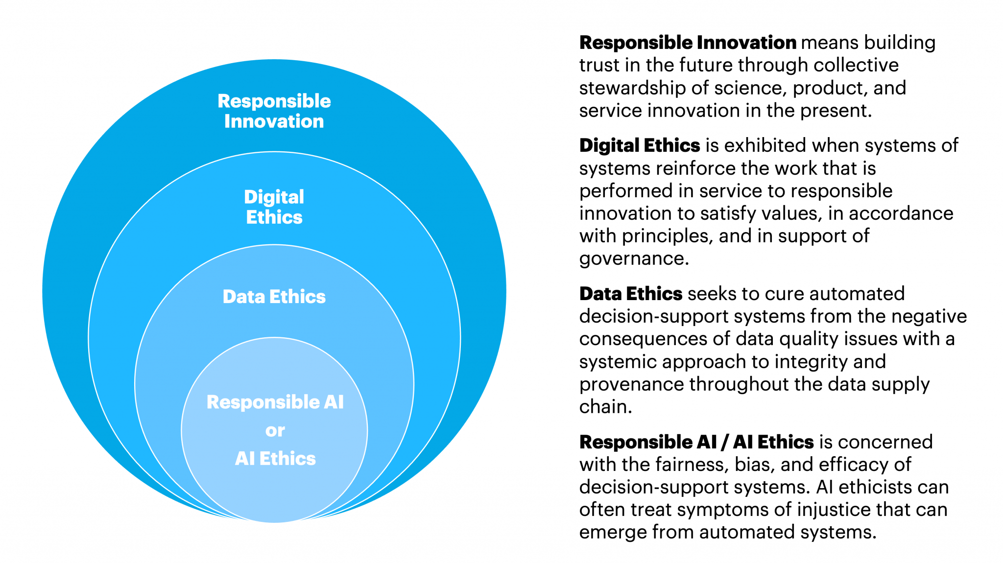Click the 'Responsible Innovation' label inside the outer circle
(x=274, y=111)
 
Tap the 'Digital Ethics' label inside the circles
(x=274, y=207)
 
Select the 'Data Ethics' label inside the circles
(x=274, y=297)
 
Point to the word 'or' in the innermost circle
(x=275, y=431)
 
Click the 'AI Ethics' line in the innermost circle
(x=275, y=459)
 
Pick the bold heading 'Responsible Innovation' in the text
(x=688, y=43)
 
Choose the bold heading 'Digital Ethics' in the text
(x=640, y=145)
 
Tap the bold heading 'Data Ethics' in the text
(x=631, y=294)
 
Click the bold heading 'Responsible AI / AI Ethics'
(x=696, y=442)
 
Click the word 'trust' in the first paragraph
(x=595, y=65)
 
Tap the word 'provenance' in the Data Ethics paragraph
(x=631, y=384)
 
